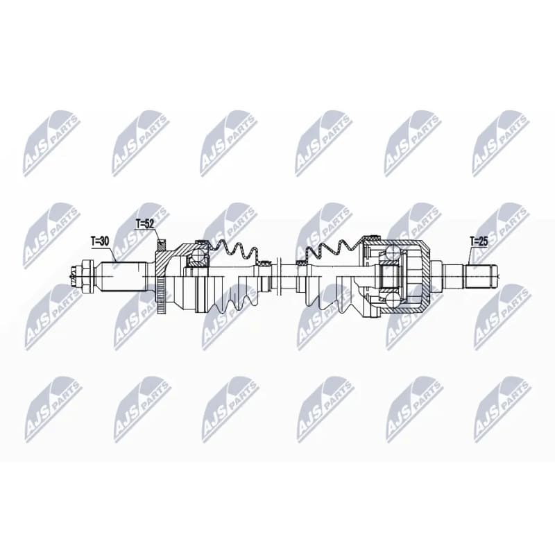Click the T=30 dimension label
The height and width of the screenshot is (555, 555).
click(x=100, y=241)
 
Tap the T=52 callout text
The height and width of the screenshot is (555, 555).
click(x=145, y=223)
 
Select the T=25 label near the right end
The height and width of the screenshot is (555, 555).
click(x=479, y=241)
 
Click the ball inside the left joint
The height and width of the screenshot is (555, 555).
click(x=197, y=254)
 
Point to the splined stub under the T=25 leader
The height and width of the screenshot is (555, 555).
click(x=481, y=276)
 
